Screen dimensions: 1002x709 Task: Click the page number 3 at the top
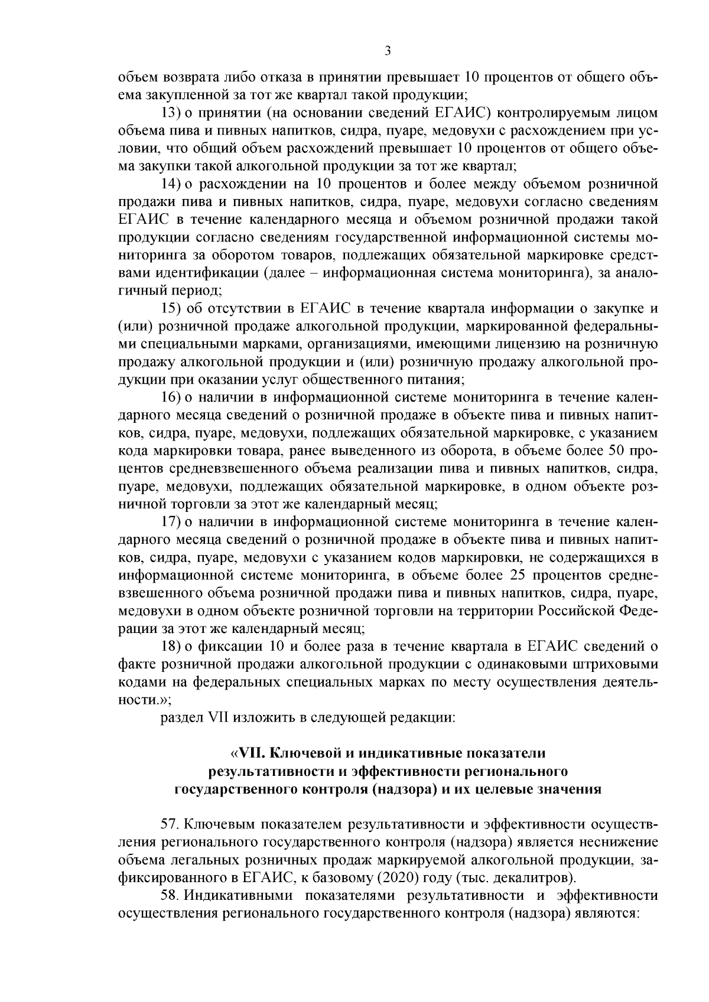(x=387, y=51)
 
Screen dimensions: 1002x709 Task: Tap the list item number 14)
(x=171, y=184)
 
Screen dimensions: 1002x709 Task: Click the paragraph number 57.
(x=170, y=824)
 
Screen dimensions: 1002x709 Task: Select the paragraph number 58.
(x=170, y=895)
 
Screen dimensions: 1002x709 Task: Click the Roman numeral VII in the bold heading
(x=249, y=754)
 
